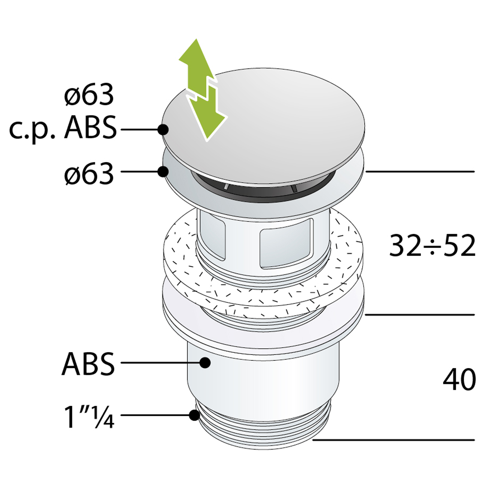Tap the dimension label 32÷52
coord(432,246)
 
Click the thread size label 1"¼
coord(89,417)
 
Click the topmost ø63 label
coord(89,95)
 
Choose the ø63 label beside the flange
coord(89,174)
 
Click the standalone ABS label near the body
coord(88,363)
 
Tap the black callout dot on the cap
coord(163,130)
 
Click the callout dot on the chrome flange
coord(163,171)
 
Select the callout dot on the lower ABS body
coord(205,362)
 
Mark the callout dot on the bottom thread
coord(194,415)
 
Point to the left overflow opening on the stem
coord(212,235)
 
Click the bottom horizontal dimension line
coord(393,440)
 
